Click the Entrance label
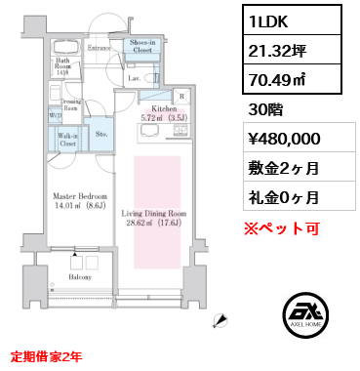pos(99,45)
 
